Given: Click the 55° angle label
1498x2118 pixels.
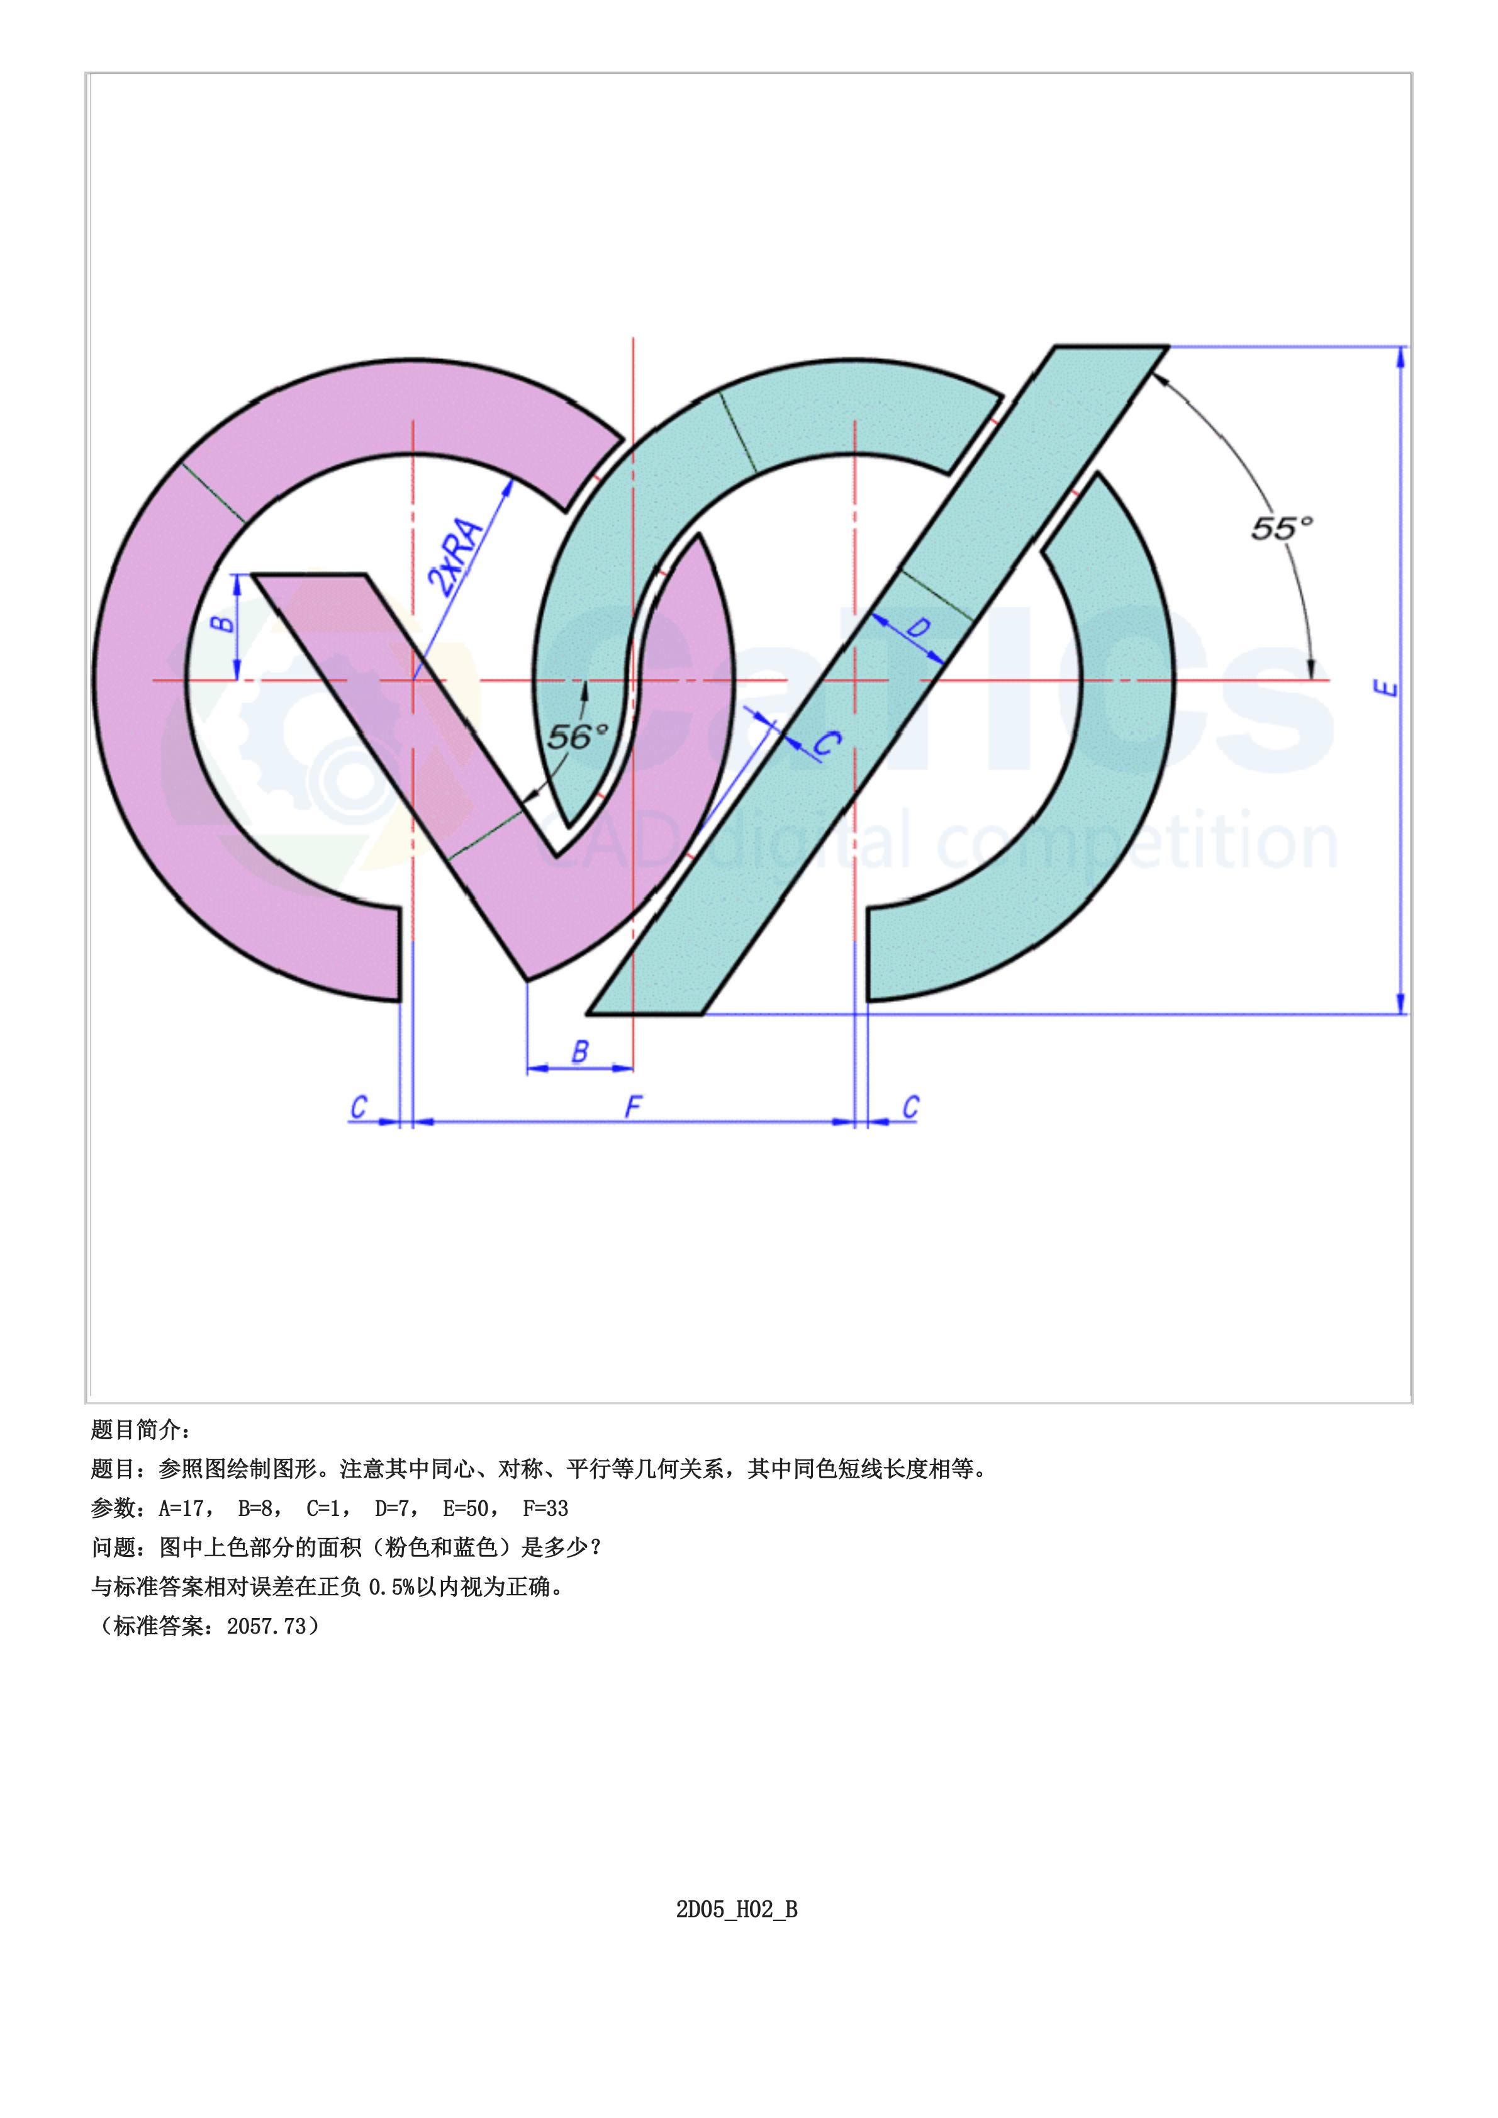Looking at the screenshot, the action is [1280, 528].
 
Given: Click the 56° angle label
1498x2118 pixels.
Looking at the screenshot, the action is [578, 736].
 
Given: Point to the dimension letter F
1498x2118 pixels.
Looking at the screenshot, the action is [633, 1107].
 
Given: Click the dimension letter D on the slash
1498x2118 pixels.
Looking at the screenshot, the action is [918, 629].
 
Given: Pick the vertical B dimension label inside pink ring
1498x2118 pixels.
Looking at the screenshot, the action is [224, 623].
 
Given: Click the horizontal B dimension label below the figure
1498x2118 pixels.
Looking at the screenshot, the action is [580, 1052].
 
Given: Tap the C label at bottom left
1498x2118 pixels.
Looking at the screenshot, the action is [359, 1107].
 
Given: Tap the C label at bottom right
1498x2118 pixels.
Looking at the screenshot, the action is [910, 1107].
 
